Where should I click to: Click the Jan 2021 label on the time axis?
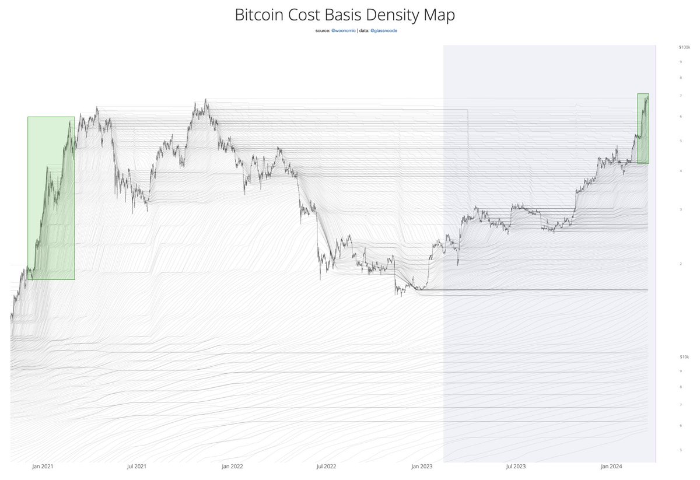(x=43, y=467)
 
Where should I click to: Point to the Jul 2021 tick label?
(x=136, y=467)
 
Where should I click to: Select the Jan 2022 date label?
(x=232, y=467)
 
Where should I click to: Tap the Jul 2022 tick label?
(x=326, y=467)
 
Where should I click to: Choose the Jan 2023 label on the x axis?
(x=422, y=467)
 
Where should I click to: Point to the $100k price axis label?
(x=684, y=47)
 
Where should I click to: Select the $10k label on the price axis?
(x=684, y=356)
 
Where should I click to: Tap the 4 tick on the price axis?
(x=680, y=170)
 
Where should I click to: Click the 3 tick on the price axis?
(x=680, y=209)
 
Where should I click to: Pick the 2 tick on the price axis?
(x=680, y=264)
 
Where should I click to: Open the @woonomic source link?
(x=343, y=30)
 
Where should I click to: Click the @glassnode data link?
(x=384, y=30)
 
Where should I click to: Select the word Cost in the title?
(x=309, y=15)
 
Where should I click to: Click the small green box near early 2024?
(x=643, y=128)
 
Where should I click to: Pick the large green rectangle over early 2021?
(x=51, y=198)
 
